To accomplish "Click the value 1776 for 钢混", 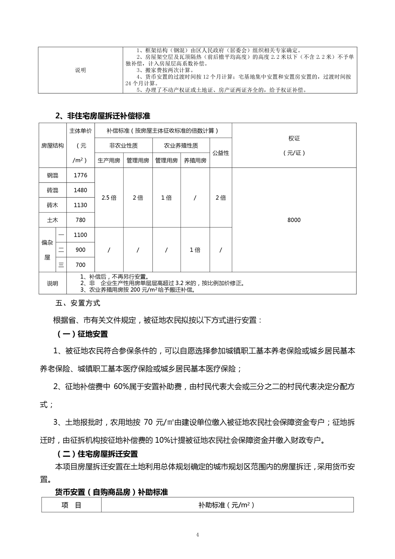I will click(x=81, y=175).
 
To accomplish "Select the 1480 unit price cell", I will click(x=81, y=190).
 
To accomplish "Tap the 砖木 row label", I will click(x=53, y=205).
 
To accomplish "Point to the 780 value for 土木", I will click(x=81, y=220).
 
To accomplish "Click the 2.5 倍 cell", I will click(x=109, y=198).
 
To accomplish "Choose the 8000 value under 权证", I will click(x=294, y=220).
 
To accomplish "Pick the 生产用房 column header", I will click(x=109, y=160).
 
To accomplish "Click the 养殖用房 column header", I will click(x=195, y=160).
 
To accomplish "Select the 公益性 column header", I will click(x=221, y=153).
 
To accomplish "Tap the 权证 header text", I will click(x=294, y=138).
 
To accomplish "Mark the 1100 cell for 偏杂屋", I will click(x=81, y=235).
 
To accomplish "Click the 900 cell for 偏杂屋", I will click(x=81, y=250).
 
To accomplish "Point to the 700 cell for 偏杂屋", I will click(x=81, y=264).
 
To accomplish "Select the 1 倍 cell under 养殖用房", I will click(x=195, y=250).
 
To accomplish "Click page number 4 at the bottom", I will click(x=197, y=535).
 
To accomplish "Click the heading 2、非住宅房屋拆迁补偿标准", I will click(x=103, y=116).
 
